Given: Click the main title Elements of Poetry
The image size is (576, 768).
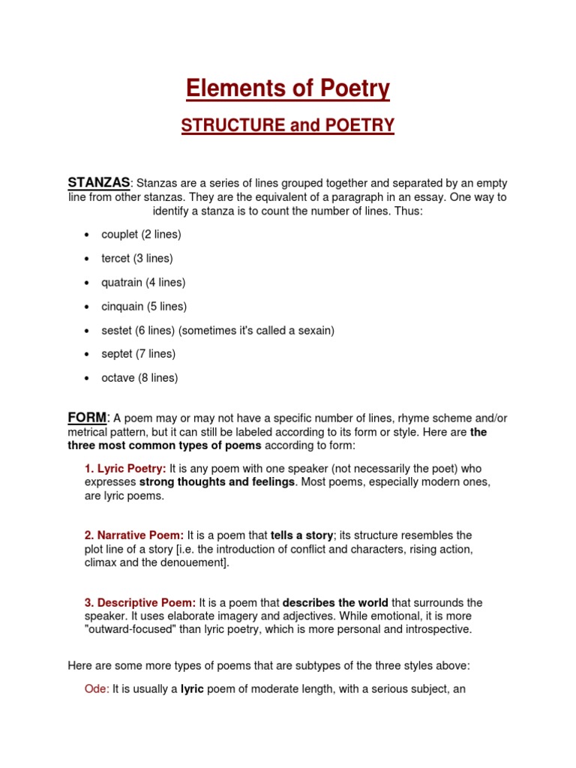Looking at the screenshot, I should [x=288, y=88].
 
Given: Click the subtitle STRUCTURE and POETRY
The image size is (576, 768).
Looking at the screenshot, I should [x=288, y=125].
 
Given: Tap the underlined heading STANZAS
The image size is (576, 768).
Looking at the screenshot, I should [x=99, y=182].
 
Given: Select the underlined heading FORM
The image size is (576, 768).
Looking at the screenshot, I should [x=88, y=417].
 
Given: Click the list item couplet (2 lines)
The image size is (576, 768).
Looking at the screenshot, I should [x=141, y=235].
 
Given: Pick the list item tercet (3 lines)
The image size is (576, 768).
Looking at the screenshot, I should [x=137, y=259].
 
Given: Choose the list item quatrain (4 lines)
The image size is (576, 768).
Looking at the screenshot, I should [x=143, y=283].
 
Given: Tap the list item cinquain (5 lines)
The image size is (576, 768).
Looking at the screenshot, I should [x=144, y=307].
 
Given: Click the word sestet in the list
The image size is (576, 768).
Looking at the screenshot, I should [x=116, y=331].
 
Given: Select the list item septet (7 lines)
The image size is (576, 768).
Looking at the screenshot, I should [x=139, y=354].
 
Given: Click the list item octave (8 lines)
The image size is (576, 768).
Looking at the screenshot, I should [x=139, y=378].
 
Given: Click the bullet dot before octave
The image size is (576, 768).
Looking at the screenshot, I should [x=88, y=379].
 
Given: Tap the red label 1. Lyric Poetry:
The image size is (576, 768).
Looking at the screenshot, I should [x=125, y=468].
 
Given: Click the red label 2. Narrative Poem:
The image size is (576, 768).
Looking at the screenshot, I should [x=134, y=535].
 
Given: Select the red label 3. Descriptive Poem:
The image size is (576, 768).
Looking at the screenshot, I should [x=140, y=603].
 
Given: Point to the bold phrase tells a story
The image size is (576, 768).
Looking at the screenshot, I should [x=301, y=535].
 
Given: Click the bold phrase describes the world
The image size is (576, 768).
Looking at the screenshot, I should [x=335, y=603].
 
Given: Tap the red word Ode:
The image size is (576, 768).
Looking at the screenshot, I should [x=97, y=688].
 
